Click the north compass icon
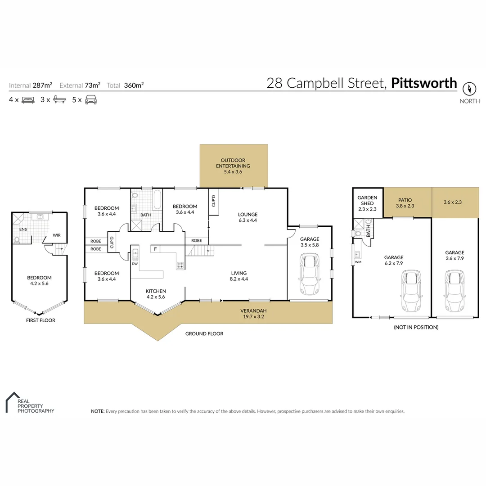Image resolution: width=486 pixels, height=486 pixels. click(x=469, y=88)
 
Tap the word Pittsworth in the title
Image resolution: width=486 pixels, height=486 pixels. click(x=424, y=83)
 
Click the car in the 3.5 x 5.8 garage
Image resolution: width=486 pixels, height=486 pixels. click(x=309, y=273)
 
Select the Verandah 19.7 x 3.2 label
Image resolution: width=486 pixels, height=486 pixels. click(x=252, y=313)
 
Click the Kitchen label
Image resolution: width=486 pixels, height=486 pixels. click(x=156, y=294)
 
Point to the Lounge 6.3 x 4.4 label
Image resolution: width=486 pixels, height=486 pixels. click(x=247, y=217)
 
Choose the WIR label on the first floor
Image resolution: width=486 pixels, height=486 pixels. click(x=57, y=235)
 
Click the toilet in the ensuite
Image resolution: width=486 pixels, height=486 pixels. click(x=17, y=240)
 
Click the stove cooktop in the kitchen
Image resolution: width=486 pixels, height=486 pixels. click(x=180, y=265)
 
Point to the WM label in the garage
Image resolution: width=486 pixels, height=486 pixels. click(x=358, y=261)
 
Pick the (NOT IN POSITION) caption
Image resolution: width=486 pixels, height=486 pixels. click(x=415, y=327)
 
